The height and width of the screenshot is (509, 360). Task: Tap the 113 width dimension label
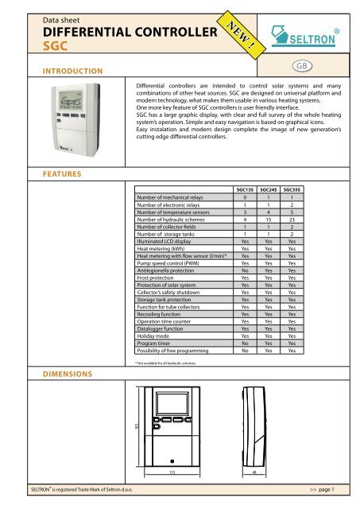[170, 470]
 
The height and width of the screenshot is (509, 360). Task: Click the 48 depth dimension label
[254, 470]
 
